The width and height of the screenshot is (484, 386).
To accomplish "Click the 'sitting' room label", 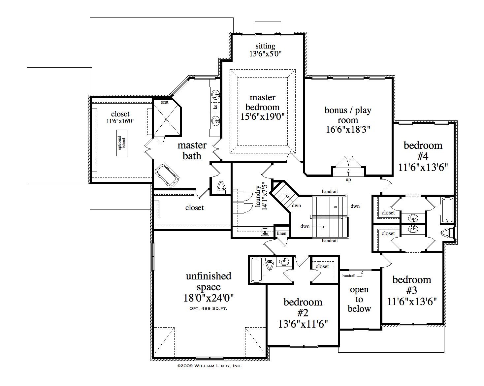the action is coord(265,46).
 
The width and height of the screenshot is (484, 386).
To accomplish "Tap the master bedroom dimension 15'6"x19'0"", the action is coord(263,117).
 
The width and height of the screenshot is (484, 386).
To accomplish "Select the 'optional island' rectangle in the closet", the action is coord(122,143).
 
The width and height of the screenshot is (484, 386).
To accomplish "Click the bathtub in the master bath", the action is coord(167,175).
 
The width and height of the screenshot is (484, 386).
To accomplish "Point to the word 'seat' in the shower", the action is coord(165,102).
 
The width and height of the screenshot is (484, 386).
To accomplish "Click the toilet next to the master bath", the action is coord(221,187).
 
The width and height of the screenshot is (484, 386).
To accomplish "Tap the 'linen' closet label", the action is coord(281,233).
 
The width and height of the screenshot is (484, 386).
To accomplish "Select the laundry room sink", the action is coord(265,232).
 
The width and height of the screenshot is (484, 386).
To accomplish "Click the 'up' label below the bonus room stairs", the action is coord(348,180).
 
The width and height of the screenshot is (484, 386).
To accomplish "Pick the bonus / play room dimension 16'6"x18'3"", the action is coord(348,129).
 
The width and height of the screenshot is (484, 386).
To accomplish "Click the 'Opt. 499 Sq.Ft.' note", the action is coord(208,308).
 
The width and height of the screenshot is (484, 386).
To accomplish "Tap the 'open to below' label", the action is coord(359,299).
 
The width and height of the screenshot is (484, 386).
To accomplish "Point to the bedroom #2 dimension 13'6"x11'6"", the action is coord(303,324).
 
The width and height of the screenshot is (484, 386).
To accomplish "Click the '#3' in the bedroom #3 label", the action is coord(412,290).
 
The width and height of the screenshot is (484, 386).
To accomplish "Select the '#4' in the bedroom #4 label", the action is coord(423,156).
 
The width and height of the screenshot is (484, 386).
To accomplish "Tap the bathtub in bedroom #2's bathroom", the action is coord(257,270).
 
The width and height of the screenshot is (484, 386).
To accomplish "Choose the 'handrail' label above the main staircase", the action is coord(330,191).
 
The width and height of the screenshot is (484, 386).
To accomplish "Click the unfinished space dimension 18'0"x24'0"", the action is coord(209,298).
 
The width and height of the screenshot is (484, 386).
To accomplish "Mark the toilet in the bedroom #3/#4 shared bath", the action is coord(449,233).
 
